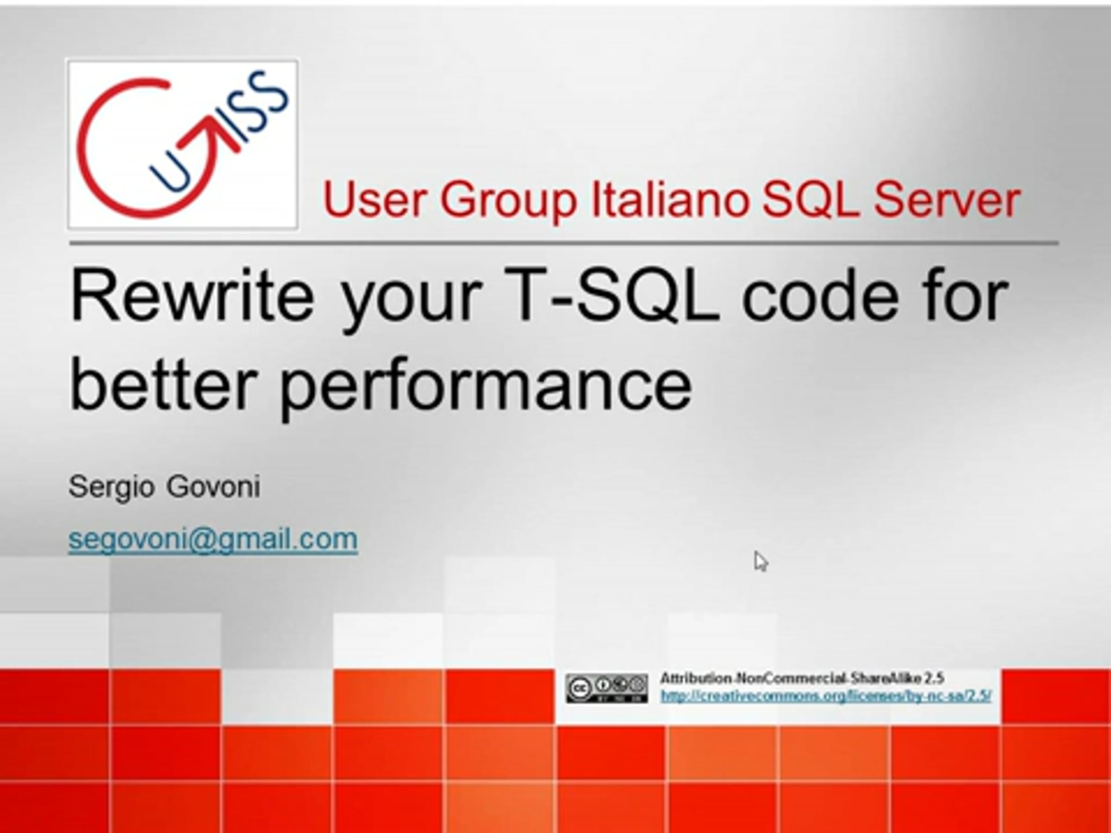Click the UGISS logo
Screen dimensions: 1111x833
[x=183, y=144]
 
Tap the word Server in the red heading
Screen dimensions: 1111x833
[x=947, y=200]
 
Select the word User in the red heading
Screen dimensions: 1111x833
[x=374, y=200]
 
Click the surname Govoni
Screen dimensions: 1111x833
[x=213, y=486]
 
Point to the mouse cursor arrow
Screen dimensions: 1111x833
[x=761, y=561]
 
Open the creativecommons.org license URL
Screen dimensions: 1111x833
[x=826, y=696]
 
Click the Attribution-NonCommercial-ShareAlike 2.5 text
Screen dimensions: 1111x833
[x=802, y=678]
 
